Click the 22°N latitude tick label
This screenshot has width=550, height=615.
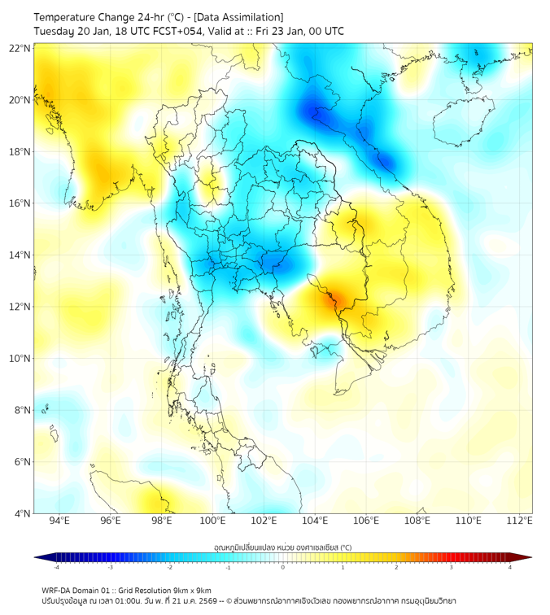click(x=20, y=48)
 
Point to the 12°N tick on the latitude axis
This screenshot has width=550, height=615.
click(x=20, y=307)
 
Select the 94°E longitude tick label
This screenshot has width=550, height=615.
click(x=59, y=521)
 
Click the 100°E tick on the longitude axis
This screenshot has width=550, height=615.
click(x=212, y=521)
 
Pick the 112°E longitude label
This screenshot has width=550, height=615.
click(x=519, y=521)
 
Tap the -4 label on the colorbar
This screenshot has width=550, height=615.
click(x=56, y=567)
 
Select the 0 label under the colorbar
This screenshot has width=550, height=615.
click(x=283, y=567)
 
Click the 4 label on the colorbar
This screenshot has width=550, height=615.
click(x=510, y=567)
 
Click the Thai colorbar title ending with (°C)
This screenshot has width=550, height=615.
click(x=282, y=547)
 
